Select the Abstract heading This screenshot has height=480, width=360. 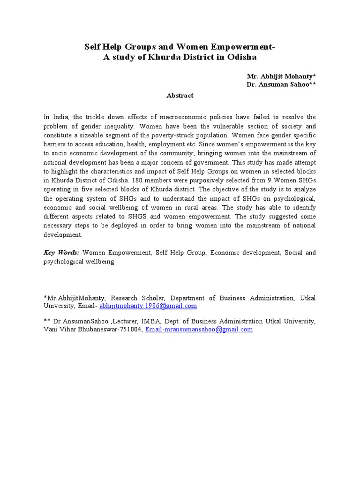point(180,95)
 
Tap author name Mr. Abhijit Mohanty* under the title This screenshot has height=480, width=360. point(281,76)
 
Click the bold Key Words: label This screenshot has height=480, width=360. point(61,253)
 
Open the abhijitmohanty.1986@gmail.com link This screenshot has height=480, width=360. point(148,306)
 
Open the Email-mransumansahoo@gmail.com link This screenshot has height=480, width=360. point(199,330)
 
